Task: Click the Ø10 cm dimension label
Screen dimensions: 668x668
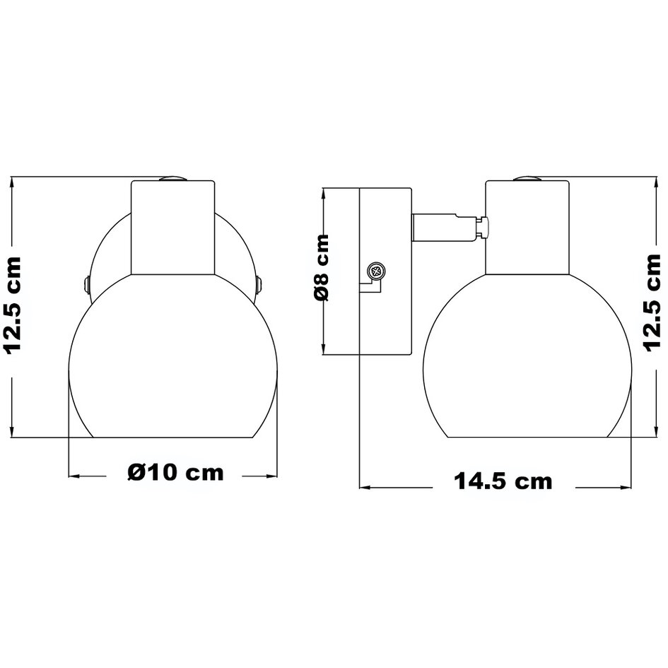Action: (176, 472)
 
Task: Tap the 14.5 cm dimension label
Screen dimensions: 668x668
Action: (503, 482)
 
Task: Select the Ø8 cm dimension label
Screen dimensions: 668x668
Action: (322, 268)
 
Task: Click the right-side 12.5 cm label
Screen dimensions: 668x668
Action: (652, 301)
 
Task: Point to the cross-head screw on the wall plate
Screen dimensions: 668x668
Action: (376, 270)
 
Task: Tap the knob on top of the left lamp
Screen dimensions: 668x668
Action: (172, 180)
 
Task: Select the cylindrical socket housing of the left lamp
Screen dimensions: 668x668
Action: (173, 228)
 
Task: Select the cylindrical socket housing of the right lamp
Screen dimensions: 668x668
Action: (527, 228)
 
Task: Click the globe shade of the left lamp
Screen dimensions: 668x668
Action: (173, 361)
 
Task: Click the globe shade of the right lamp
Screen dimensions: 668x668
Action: (527, 361)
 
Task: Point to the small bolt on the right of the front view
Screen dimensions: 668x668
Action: (260, 284)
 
